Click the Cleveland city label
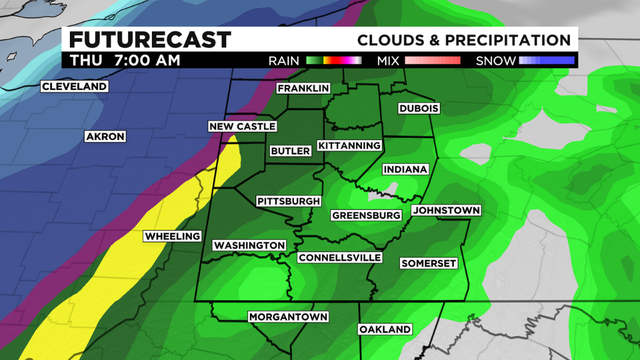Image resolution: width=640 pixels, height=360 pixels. coord(73,87)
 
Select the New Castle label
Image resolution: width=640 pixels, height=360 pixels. coord(240,126)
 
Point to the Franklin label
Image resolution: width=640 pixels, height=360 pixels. coord(303,89)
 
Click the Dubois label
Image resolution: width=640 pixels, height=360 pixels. coord(420,108)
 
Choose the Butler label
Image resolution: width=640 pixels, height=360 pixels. coord(290,151)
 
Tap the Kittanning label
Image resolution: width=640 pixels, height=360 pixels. coord(349,146)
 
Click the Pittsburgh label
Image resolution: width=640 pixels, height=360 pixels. coord(288,201)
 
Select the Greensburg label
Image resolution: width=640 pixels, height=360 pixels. coord(365,215)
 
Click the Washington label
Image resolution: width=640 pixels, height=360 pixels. coord(249,246)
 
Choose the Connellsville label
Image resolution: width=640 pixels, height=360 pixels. coord(340,257)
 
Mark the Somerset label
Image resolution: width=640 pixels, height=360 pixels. coord(428,263)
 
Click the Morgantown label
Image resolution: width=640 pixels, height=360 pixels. coord(288,318)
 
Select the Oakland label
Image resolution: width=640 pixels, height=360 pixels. coord(385,329)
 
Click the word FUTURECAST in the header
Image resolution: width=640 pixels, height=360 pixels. coord(150,40)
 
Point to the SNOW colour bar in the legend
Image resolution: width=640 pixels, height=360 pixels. coord(545,60)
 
